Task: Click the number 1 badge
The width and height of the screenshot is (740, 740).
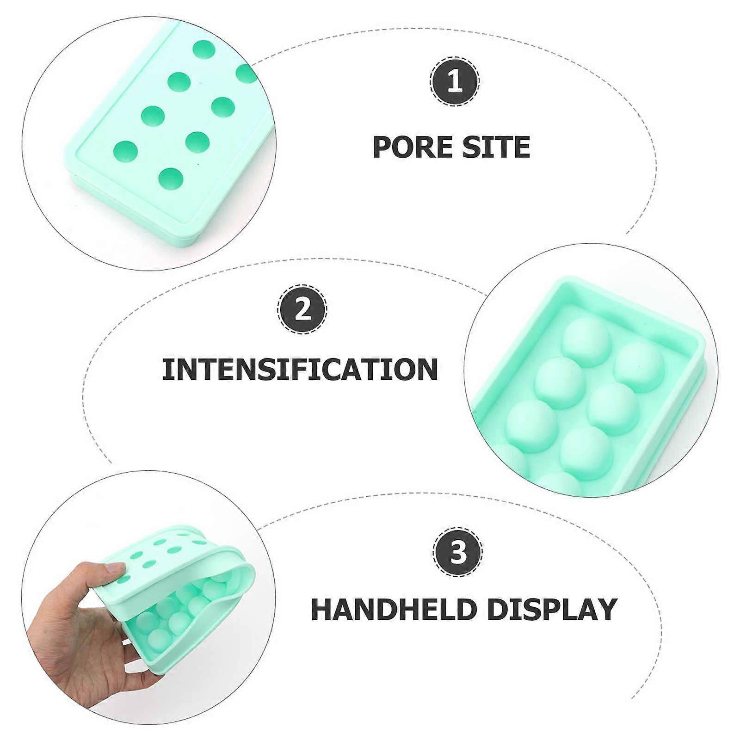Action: coord(455,82)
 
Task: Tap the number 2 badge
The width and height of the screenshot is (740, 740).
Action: coord(303,309)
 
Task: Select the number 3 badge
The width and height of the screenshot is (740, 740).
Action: coord(457,553)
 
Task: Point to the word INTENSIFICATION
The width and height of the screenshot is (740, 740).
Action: coord(300,369)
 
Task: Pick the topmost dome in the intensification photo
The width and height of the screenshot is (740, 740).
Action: coord(584,341)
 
